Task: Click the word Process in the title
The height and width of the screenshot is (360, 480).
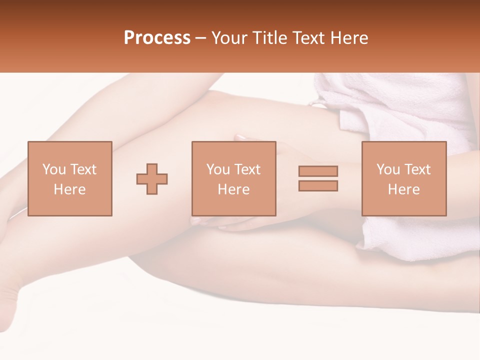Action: coord(157,38)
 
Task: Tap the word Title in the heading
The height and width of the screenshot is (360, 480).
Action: coord(270,38)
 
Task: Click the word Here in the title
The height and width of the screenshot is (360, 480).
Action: coord(350,38)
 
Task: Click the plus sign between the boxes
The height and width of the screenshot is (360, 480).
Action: coord(152,178)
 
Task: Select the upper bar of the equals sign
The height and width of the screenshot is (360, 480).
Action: coord(318,171)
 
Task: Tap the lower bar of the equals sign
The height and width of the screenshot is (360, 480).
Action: coord(318,185)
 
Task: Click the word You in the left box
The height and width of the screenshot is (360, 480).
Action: coord(53,169)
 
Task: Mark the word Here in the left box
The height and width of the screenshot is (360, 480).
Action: coord(69,189)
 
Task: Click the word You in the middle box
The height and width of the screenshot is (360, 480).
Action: coord(218,169)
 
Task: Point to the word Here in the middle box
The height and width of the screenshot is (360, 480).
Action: coord(233,189)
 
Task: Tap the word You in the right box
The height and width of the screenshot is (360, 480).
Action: coord(388,169)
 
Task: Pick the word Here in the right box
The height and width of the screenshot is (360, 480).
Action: coord(403,189)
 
